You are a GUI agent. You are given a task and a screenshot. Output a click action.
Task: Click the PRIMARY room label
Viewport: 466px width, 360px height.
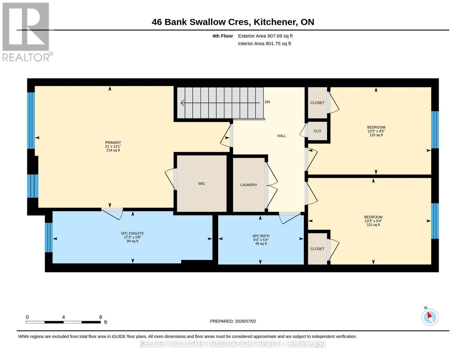113,142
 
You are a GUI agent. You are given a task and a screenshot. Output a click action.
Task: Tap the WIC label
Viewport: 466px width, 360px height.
202,184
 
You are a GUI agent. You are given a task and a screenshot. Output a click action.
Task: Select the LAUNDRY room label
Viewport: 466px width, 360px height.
248,185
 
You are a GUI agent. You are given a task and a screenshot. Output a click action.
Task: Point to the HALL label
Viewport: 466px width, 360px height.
281,136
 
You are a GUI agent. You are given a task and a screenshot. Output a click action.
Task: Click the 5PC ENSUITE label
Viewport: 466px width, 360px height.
132,233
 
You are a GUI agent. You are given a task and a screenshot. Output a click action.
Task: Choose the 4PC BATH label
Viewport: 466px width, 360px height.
261,236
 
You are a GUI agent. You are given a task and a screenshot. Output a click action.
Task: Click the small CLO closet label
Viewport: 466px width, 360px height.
317,131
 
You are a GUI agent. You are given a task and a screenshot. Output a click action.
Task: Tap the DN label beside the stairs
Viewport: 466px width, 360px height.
267,102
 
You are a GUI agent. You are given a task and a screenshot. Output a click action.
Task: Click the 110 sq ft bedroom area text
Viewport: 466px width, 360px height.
376,135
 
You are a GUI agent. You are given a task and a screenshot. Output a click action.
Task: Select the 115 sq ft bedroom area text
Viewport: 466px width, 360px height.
373,225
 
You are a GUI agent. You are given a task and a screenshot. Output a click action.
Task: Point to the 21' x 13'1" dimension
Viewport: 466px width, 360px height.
113,146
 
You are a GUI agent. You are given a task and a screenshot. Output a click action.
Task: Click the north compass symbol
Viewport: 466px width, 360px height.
430,317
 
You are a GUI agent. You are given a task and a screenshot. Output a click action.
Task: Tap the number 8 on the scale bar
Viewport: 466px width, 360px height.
100,317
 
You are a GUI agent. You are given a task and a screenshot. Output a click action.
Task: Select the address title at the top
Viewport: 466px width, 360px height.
233,22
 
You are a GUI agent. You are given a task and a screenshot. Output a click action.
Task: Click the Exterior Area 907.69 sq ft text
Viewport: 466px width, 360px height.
265,36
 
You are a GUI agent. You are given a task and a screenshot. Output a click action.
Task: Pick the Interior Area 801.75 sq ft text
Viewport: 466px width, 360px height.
264,43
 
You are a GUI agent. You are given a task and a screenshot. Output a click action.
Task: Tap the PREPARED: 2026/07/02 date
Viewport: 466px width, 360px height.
233,321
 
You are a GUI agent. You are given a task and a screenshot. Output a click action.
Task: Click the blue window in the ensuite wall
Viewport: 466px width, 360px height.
49,237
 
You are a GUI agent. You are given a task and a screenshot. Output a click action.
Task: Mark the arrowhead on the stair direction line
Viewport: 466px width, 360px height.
182,103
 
